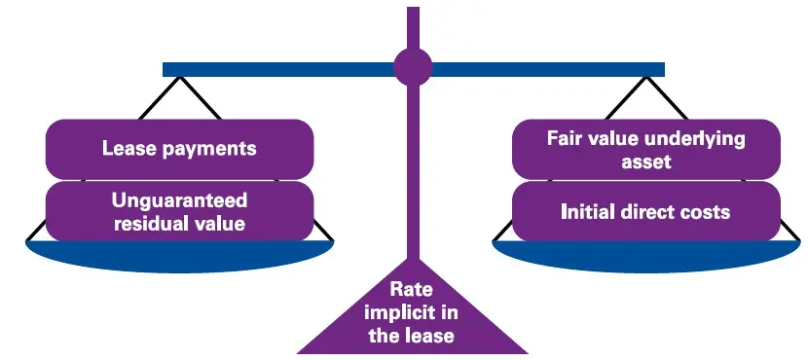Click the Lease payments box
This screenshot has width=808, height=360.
[179, 148]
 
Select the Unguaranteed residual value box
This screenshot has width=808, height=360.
[179, 211]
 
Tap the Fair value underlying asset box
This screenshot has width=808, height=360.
[646, 149]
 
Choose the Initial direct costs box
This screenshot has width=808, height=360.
[646, 211]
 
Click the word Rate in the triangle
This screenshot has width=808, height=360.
[412, 289]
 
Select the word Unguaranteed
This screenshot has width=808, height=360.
[179, 200]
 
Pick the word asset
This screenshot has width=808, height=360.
[646, 162]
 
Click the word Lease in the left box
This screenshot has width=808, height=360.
[127, 149]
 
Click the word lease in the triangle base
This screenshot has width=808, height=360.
[431, 336]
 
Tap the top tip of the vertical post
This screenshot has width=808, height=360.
[413, 10]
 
